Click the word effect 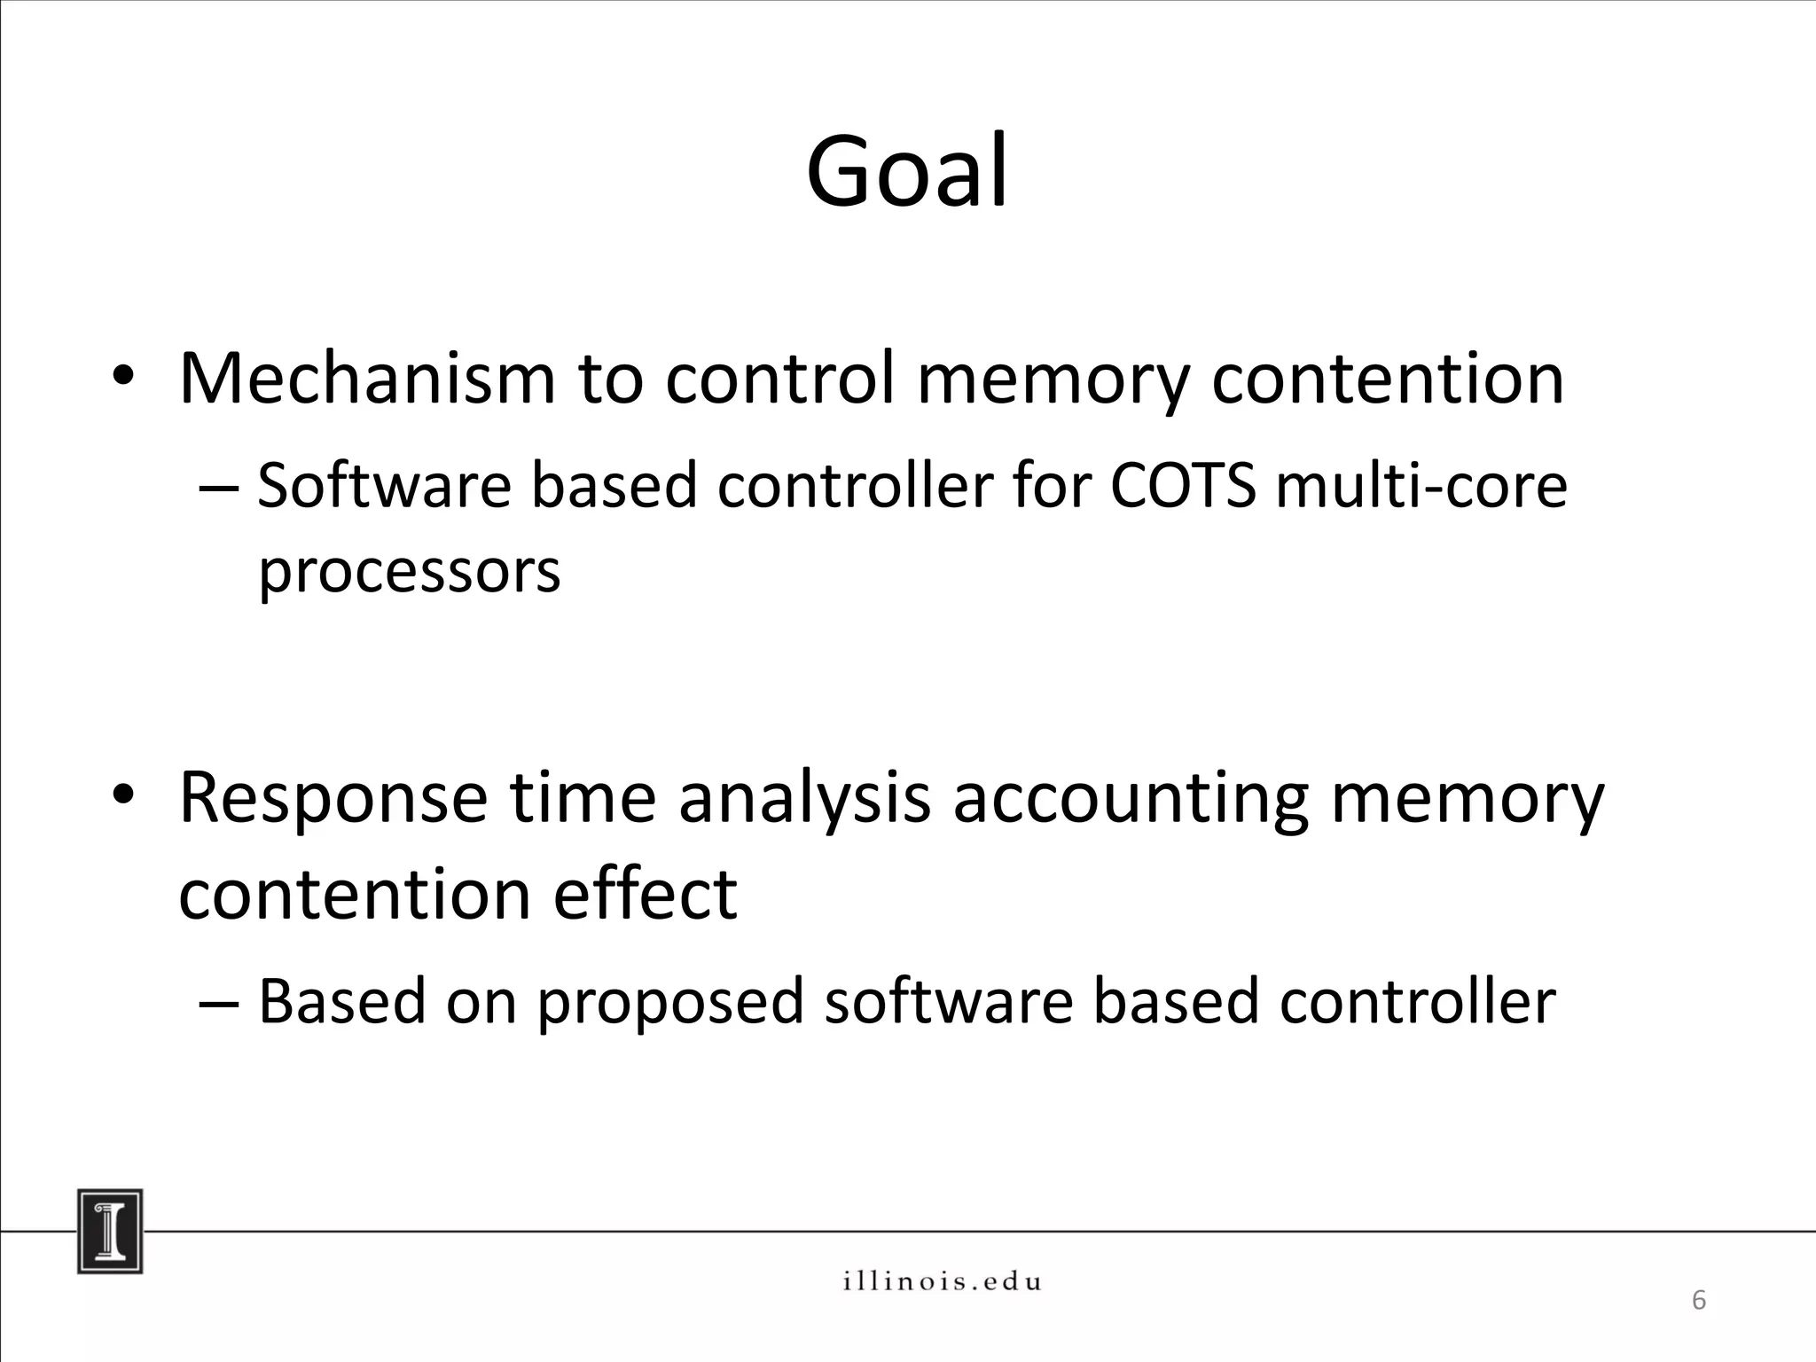(645, 894)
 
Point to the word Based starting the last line (342, 1000)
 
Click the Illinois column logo (110, 1231)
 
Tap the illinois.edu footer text (942, 1281)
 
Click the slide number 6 (1698, 1301)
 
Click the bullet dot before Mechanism (122, 380)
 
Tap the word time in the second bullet (583, 798)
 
